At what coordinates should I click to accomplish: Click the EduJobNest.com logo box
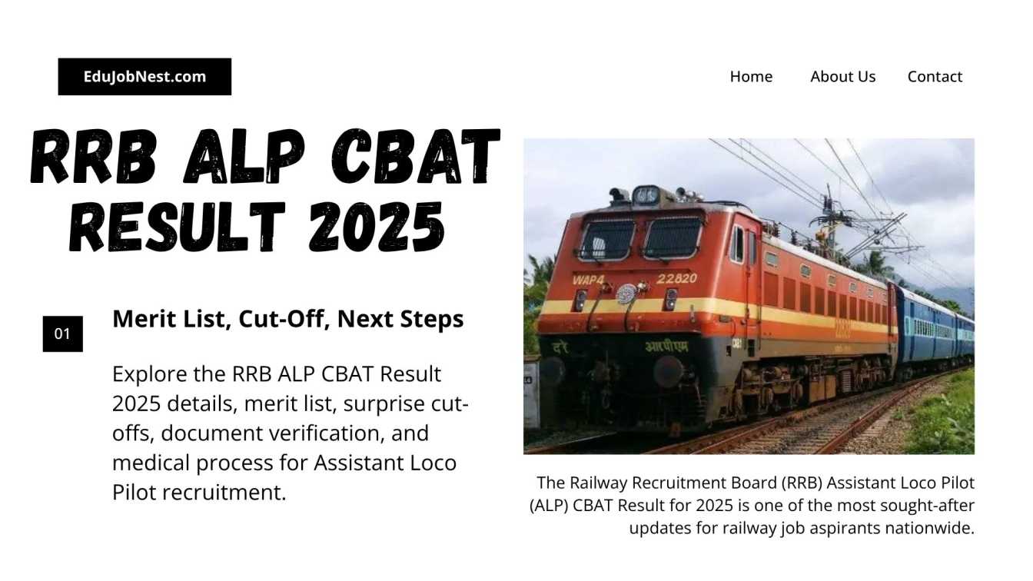144,77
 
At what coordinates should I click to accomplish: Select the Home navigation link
751,77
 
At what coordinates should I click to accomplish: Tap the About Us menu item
842,77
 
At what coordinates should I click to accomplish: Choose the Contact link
935,77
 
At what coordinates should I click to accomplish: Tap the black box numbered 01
62,334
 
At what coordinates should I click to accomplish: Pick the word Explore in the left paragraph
149,374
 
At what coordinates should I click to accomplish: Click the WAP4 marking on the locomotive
590,280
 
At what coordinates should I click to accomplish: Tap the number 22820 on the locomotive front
677,278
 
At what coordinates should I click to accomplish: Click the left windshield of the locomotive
607,240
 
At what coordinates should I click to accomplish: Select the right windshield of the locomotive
673,237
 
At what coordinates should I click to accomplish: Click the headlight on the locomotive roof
646,194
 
